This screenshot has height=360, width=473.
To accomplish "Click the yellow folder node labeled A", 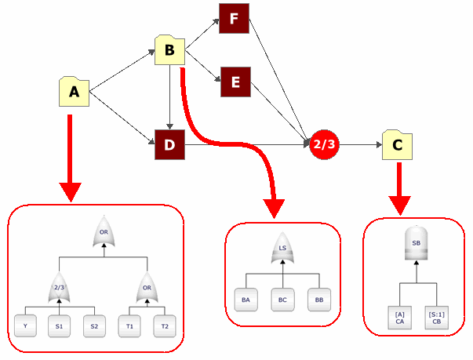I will coord(75,92).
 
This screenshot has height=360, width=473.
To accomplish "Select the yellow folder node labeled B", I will coord(170,50).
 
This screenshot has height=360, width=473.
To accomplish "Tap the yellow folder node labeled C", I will coord(398,144).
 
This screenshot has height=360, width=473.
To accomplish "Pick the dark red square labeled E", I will coord(235,81).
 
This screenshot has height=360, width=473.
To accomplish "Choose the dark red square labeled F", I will coord(235,16).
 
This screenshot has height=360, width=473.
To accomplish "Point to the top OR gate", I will coord(104,231).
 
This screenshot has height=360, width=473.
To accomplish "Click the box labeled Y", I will coord(27,325).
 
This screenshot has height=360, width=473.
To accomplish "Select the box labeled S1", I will coord(59,325).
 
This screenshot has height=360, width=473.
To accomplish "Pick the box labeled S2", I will coord(94,325).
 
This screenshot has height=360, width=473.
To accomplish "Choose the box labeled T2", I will coord(162,325).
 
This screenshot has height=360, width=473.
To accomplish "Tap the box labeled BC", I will coord(282,300).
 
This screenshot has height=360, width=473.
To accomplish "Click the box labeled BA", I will coord(246,300).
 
